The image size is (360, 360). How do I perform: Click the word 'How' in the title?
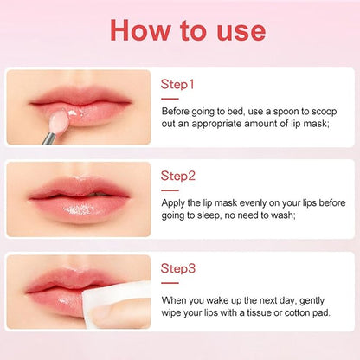click(140, 30)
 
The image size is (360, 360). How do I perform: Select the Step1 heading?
click(177, 84)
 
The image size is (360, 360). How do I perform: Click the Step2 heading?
click(178, 176)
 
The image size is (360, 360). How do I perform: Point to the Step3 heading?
click(178, 268)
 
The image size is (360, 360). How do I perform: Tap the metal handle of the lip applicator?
click(48, 138)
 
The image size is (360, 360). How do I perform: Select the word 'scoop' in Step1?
click(324, 112)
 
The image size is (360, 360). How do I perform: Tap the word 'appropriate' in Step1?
click(217, 125)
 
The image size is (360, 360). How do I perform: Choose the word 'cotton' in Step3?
click(298, 312)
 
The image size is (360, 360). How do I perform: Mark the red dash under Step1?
click(170, 99)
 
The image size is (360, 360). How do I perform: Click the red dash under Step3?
click(170, 283)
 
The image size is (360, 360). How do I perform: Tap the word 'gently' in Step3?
click(312, 301)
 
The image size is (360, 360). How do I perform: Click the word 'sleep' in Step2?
click(209, 215)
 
